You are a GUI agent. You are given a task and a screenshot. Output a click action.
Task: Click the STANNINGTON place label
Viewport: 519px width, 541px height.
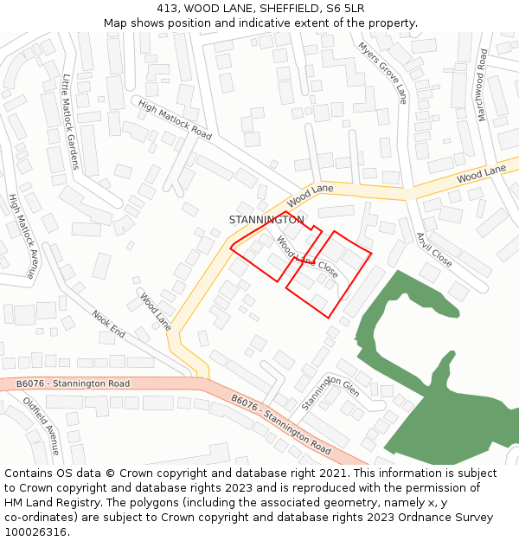[266, 220]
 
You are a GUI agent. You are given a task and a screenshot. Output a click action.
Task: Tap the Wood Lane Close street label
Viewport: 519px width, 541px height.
[307, 256]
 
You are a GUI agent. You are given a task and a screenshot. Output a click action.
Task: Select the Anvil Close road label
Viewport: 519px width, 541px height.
[433, 250]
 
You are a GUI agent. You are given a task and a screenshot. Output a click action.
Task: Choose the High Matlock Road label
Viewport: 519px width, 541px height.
[175, 119]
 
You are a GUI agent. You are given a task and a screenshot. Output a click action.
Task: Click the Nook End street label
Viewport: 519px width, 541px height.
[109, 325]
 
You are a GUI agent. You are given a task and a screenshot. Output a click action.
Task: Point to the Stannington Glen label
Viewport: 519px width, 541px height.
[330, 393]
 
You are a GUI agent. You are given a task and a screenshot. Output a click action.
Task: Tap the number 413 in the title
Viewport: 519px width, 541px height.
[168, 9]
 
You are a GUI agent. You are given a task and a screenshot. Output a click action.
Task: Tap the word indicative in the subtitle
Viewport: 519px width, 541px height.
[266, 23]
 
